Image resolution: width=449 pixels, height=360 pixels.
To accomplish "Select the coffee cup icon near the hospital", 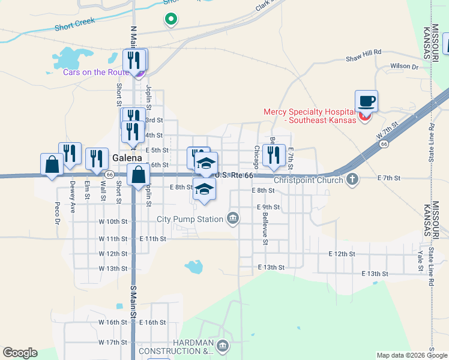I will (366, 101).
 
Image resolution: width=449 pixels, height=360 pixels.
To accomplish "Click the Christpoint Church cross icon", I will (353, 179).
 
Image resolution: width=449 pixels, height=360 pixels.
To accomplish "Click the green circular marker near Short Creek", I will (171, 19).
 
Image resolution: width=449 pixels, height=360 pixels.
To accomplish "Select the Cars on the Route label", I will (96, 73).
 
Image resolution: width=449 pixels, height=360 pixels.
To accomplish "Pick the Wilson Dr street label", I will (403, 67).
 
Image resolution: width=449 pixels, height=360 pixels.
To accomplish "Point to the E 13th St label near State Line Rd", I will (375, 274).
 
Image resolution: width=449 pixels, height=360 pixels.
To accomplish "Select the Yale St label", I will (421, 259).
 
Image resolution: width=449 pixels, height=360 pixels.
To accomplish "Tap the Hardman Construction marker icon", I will (223, 346).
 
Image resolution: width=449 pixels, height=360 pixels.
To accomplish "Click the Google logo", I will (20, 353).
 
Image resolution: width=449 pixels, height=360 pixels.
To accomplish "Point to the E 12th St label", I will (342, 254).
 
